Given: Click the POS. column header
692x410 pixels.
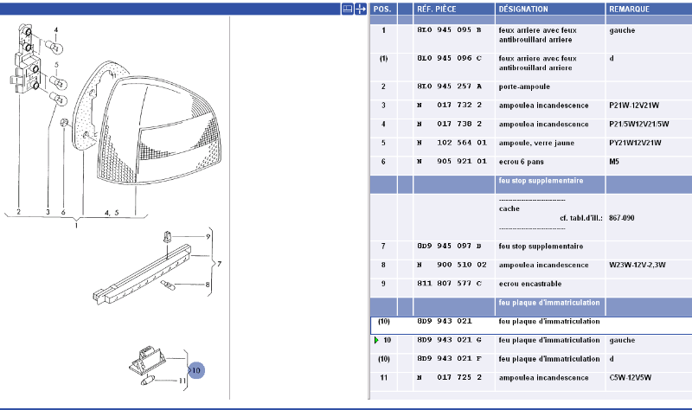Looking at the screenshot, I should click(381, 9).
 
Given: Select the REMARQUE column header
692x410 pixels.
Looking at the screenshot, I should click(631, 9).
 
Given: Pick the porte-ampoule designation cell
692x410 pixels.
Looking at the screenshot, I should click(524, 86).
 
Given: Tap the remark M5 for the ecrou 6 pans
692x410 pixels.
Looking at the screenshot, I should click(615, 161).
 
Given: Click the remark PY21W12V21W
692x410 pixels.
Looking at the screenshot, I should click(635, 143).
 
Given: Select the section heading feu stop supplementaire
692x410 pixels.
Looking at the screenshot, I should click(541, 182).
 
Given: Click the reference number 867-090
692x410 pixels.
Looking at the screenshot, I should click(621, 218).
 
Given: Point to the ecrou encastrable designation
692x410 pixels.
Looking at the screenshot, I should click(530, 283).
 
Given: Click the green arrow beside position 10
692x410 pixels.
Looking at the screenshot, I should click(376, 341).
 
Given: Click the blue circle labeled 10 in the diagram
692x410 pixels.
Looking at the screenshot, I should click(196, 371).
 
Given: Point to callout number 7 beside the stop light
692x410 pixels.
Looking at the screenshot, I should click(220, 263).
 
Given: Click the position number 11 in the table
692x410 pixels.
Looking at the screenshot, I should click(383, 378).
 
